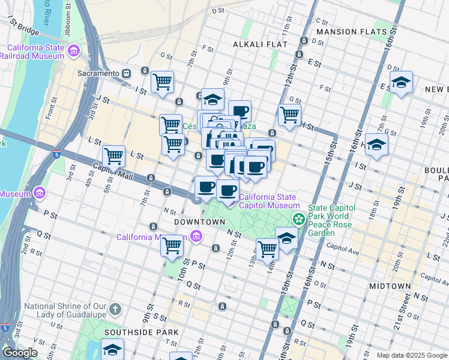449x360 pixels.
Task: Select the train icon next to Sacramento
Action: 127,73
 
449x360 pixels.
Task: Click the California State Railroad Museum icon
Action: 74,52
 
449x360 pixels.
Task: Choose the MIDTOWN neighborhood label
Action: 390,286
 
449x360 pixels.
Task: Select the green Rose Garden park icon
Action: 297,220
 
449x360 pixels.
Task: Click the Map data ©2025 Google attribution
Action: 411,355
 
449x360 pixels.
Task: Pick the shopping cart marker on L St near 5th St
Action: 113,156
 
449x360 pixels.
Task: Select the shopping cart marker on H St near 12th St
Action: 289,114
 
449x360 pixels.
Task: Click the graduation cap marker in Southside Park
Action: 112,349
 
